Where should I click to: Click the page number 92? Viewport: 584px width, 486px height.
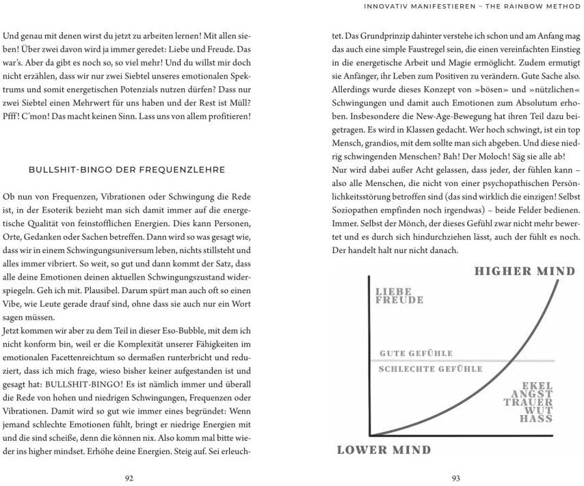tap(130, 477)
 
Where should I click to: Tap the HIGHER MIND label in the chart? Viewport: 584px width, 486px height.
tap(525, 271)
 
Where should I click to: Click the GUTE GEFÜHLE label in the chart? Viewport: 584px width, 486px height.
tap(416, 353)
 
